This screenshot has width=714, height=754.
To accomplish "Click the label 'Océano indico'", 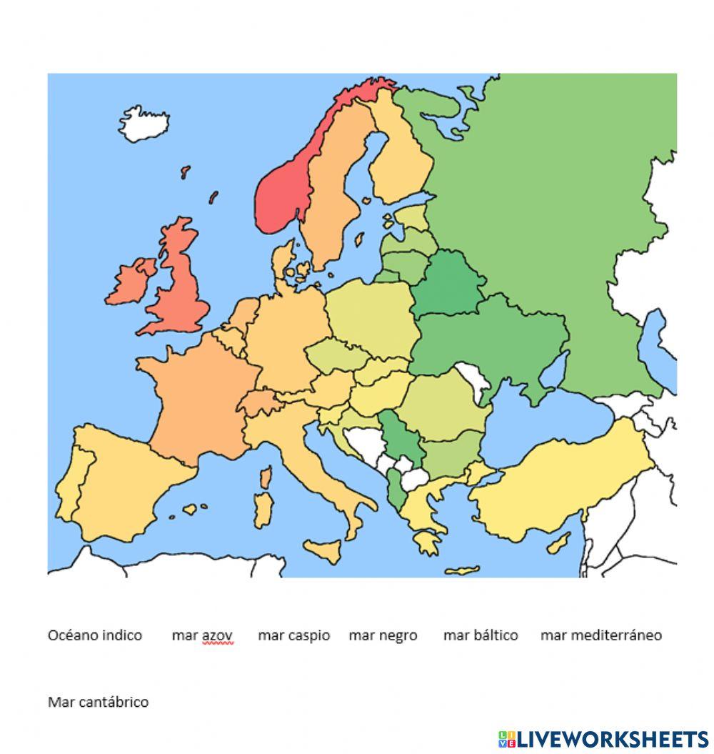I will point(95,635).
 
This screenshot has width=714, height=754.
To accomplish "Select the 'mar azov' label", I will point(202,635).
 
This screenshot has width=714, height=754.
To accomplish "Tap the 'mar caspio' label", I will point(293,635).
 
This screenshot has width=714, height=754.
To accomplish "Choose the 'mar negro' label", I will point(383,635).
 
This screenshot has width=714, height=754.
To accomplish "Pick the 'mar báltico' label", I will point(481,635).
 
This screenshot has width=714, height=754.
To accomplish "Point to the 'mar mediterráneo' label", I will point(600,635).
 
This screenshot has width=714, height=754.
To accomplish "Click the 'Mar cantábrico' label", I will point(98,702).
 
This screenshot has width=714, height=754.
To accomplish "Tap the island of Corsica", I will point(266,477).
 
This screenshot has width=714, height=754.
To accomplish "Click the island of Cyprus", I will point(559,542).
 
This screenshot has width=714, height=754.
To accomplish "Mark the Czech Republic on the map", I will point(332,355).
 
